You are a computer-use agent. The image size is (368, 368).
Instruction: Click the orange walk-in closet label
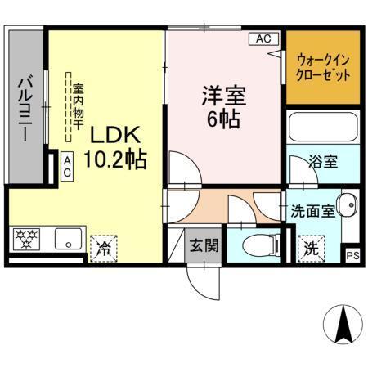tap(323, 66)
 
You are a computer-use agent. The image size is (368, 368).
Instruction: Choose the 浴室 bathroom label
tap(322, 161)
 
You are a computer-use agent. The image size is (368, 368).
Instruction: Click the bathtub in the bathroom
tap(322, 128)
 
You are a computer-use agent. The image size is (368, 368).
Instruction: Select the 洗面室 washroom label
tap(312, 209)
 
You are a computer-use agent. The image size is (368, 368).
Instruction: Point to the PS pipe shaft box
tap(352, 256)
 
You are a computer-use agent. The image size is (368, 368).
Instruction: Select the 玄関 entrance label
tap(203, 244)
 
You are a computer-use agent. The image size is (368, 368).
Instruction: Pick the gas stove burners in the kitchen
tap(27, 240)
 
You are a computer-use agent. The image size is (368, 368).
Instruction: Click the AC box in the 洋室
tap(263, 38)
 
